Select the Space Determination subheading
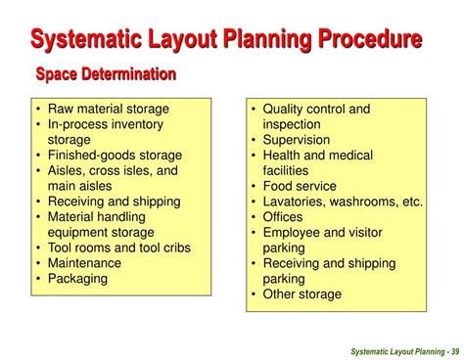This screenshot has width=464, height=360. (x=106, y=73)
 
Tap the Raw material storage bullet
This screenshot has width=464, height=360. (x=108, y=109)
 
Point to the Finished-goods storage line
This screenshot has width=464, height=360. (x=115, y=155)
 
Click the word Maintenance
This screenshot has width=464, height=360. (x=84, y=262)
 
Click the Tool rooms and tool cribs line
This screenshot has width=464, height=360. (x=118, y=247)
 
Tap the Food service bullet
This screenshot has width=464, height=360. (x=299, y=186)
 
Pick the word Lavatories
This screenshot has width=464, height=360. (x=296, y=202)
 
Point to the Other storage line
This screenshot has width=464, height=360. (x=302, y=293)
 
